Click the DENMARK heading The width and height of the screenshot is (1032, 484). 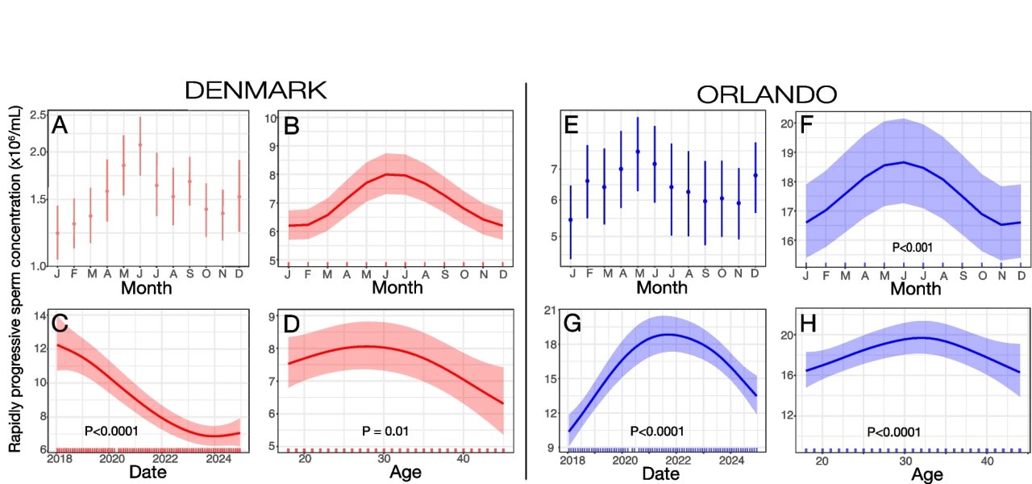click(256, 90)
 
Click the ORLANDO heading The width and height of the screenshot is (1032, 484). click(767, 94)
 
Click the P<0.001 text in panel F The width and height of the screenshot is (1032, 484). click(913, 248)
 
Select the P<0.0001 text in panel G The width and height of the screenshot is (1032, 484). click(657, 431)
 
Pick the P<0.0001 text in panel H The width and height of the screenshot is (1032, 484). click(893, 432)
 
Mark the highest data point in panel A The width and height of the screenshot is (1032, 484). click(140, 145)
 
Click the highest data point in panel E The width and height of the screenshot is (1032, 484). click(638, 152)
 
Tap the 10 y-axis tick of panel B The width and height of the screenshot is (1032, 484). click(273, 119)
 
